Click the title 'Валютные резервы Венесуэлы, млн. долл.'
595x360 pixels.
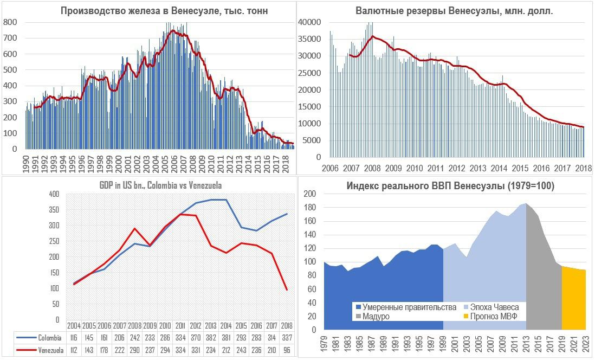coord(454,11)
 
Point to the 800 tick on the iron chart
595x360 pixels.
coord(10,22)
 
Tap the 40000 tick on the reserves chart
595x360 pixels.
coord(310,22)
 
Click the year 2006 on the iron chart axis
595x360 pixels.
coord(174,162)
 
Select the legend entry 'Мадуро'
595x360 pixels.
coord(378,316)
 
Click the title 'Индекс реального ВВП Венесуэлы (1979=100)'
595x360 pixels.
coord(450,186)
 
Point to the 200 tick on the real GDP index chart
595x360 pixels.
coord(309,194)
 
